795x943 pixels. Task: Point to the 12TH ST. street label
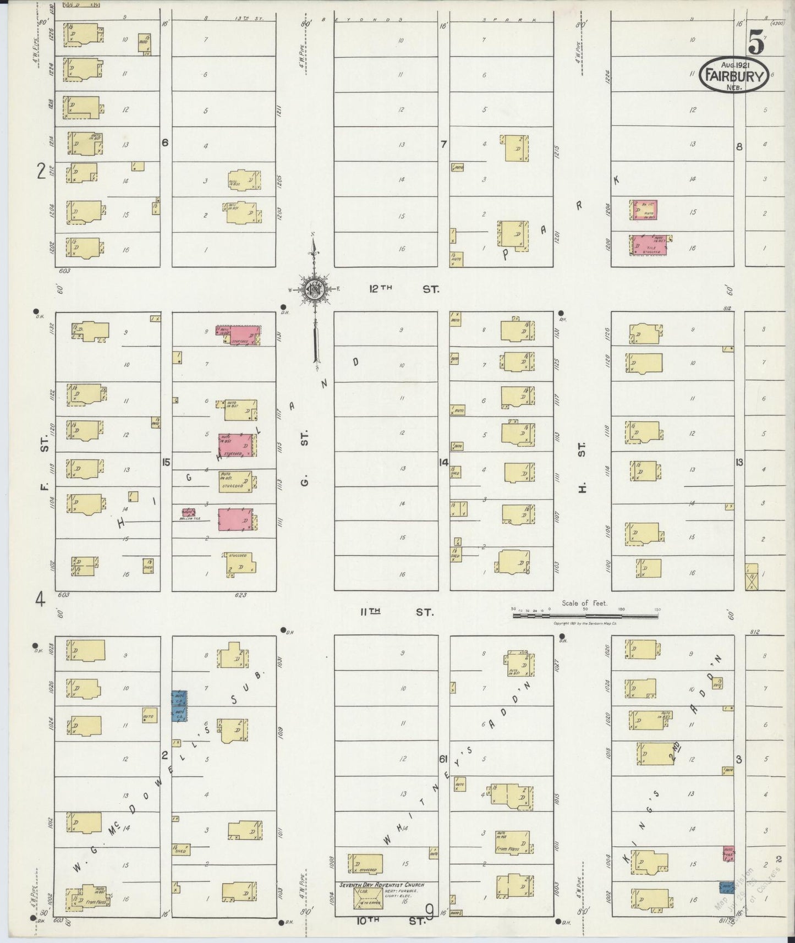[404, 288]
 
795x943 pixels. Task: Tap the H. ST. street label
[582, 465]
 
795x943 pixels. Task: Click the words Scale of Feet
[584, 602]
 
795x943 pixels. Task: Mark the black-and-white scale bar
[585, 616]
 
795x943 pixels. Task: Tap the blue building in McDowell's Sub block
[179, 706]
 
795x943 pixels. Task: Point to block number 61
[443, 759]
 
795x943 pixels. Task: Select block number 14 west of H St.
[443, 462]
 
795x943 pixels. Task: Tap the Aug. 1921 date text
[734, 64]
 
